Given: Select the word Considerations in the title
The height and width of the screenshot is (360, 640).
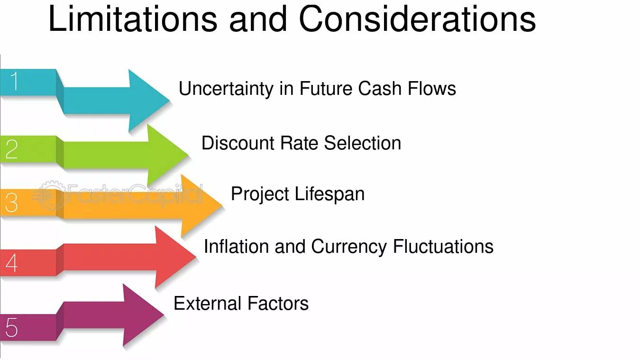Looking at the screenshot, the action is pos(417,19).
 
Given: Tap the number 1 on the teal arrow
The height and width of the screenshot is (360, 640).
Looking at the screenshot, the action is pos(14,81).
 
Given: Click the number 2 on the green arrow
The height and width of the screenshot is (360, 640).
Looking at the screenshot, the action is pos(12,149).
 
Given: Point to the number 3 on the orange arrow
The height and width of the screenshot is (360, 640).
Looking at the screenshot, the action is pos(12,203).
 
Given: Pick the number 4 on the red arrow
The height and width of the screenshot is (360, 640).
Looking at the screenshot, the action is pos(12,263).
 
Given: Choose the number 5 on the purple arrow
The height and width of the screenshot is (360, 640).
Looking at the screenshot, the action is pos(12,327).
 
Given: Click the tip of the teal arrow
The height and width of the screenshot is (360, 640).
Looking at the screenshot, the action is pos(170,101).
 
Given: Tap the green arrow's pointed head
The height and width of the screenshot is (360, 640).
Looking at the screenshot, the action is pos(188,155).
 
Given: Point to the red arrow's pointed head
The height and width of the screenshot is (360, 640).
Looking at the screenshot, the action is pos(196,257).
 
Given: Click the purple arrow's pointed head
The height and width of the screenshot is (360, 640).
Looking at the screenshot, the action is pos(164,315).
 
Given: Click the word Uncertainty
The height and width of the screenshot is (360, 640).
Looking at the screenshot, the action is pos(226,89).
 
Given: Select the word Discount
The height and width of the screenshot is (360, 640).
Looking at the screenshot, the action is pos(238,143).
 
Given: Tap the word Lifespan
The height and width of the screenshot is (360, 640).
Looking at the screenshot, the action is pos(329,194).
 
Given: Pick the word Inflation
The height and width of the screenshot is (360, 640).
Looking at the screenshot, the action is pos(236,246).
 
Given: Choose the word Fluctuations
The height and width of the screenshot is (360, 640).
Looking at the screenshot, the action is pos(443,246).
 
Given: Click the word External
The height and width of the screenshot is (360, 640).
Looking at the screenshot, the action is pos(208,304).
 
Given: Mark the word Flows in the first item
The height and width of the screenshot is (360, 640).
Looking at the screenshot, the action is pos(432,88).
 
